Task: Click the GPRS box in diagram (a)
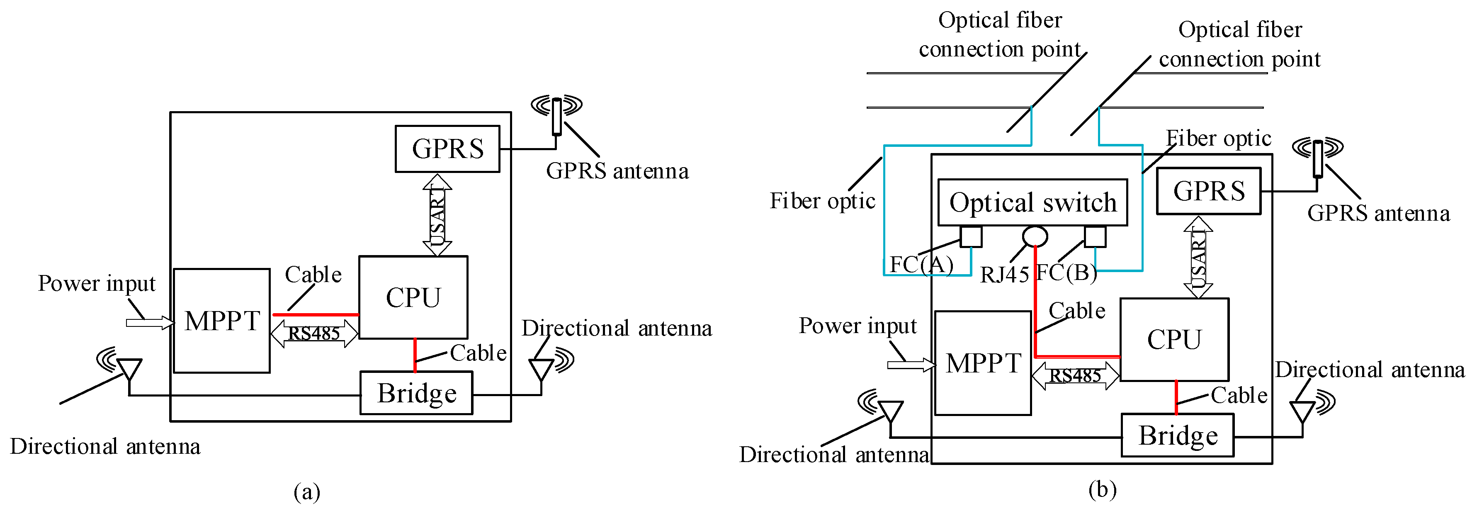447,148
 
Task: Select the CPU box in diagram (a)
413,297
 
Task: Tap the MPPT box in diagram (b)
983,363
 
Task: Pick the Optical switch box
1032,202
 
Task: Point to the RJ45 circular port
1035,236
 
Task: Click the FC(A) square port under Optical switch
971,236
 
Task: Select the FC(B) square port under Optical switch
1095,236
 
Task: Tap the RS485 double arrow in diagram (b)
1075,376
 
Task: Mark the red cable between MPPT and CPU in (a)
316,314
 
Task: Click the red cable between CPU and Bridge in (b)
1176,397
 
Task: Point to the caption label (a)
307,492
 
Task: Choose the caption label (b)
1102,489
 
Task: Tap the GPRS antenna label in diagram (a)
617,171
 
